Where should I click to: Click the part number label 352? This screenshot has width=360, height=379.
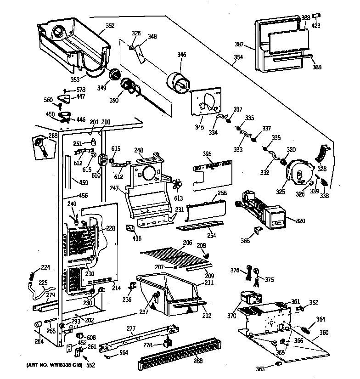110,26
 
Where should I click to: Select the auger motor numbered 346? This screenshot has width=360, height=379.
178,82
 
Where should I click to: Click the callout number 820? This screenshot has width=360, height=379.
300,221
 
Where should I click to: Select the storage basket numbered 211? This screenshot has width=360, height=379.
169,294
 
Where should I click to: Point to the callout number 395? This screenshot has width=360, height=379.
207,154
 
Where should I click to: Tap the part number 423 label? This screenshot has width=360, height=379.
316,25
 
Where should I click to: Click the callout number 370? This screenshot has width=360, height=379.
231,316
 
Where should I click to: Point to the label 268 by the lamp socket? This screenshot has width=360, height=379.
53,136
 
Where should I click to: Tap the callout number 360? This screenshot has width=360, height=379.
324,333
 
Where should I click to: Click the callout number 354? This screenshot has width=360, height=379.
238,57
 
